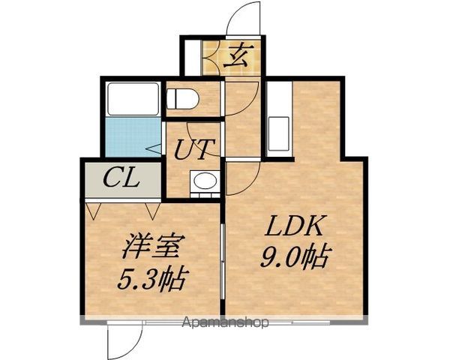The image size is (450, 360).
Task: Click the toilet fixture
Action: (182, 99)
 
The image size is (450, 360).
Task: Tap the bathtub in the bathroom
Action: (133, 99)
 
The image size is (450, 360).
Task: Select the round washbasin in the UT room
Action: (205, 181)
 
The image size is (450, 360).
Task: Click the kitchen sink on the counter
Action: (278, 133)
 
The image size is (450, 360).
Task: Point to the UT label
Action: (195, 149)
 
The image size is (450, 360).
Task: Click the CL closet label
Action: (121, 178)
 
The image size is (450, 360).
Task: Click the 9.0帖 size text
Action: (294, 257)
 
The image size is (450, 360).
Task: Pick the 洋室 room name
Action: (151, 246)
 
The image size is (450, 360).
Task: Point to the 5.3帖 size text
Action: (152, 278)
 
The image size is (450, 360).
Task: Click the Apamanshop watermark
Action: (226, 322)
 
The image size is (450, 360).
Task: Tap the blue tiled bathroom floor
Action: (133, 137)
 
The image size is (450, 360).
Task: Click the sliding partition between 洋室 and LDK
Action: (223, 261)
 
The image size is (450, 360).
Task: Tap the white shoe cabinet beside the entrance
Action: (192, 58)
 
